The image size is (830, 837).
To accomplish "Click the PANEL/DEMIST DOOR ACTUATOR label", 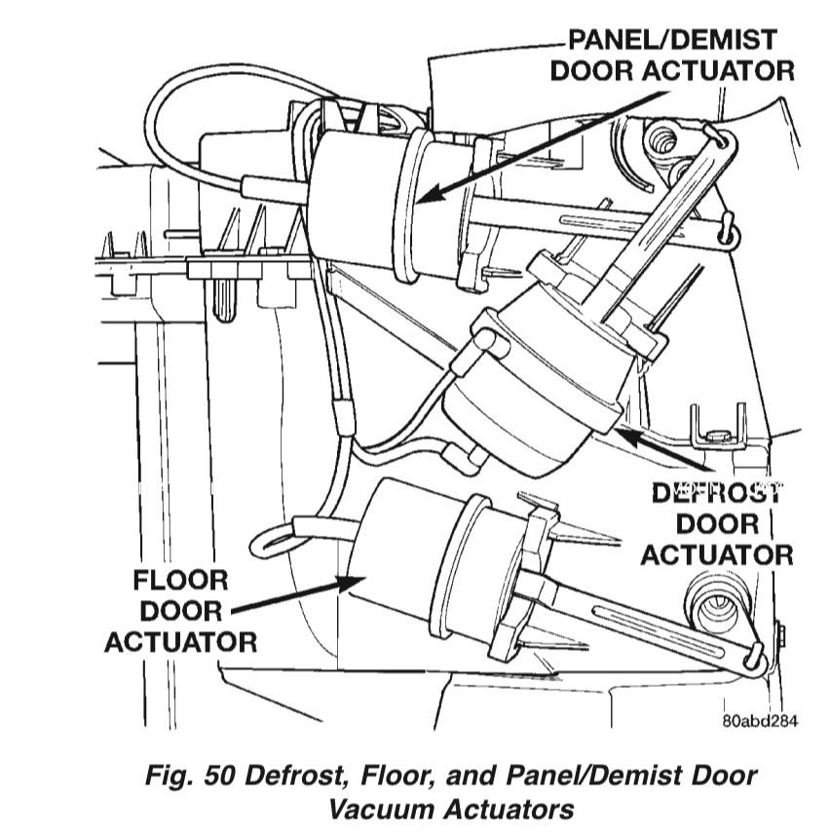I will [672, 56].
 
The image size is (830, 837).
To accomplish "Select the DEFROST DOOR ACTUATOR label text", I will [716, 523].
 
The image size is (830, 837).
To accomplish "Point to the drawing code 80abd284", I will [760, 722].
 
